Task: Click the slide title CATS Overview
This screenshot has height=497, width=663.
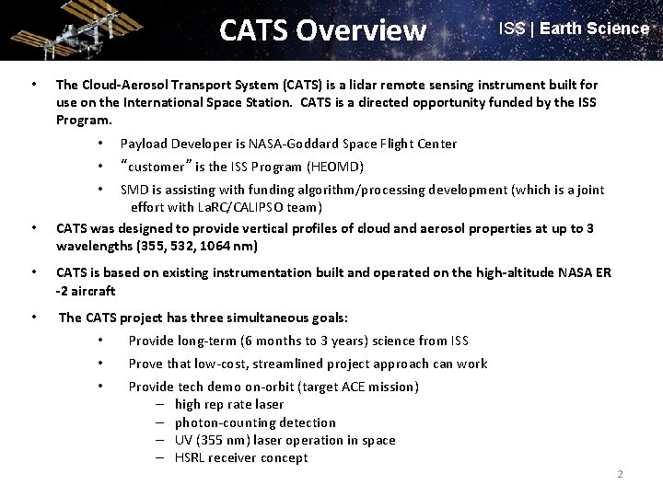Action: pyautogui.click(x=323, y=30)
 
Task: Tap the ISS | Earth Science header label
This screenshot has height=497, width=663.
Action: pyautogui.click(x=574, y=29)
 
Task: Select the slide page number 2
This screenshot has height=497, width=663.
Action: pyautogui.click(x=620, y=475)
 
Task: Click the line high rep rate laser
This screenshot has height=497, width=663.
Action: pyautogui.click(x=228, y=404)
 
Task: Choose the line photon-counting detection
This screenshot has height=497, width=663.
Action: pyautogui.click(x=255, y=422)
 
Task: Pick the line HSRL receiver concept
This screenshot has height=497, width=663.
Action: pyautogui.click(x=241, y=457)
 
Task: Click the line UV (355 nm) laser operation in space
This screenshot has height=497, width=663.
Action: pyautogui.click(x=285, y=440)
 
